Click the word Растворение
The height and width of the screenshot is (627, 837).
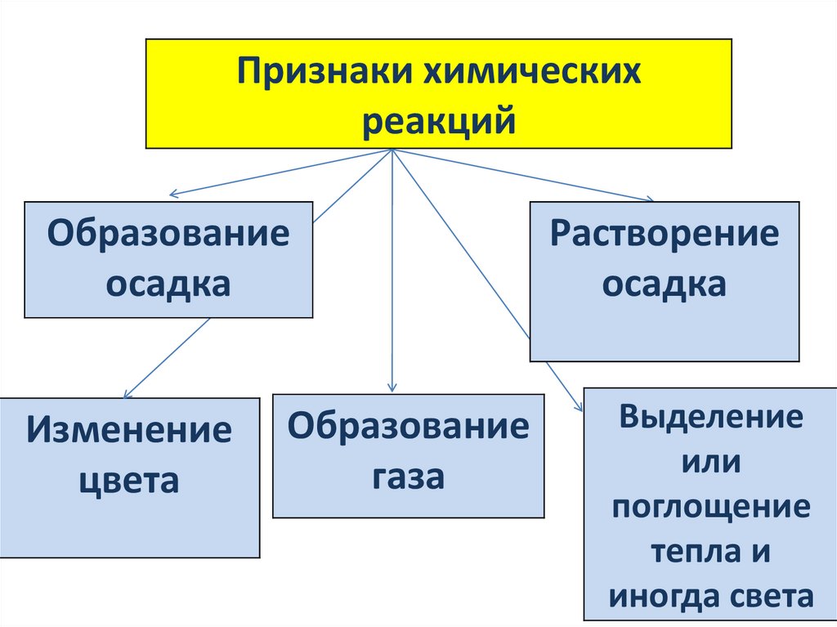(664, 234)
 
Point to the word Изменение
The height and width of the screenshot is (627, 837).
(129, 430)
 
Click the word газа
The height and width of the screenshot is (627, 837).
(409, 476)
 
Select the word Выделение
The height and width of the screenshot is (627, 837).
(710, 417)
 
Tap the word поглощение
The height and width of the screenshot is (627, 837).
(710, 507)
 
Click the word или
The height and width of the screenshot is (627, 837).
(710, 462)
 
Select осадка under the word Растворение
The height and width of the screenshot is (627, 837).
(664, 284)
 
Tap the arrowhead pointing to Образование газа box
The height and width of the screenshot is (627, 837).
(393, 387)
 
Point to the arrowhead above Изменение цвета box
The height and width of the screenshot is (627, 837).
(128, 393)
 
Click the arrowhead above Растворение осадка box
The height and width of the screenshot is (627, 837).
(649, 199)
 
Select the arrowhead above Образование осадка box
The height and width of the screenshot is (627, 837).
(173, 195)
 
